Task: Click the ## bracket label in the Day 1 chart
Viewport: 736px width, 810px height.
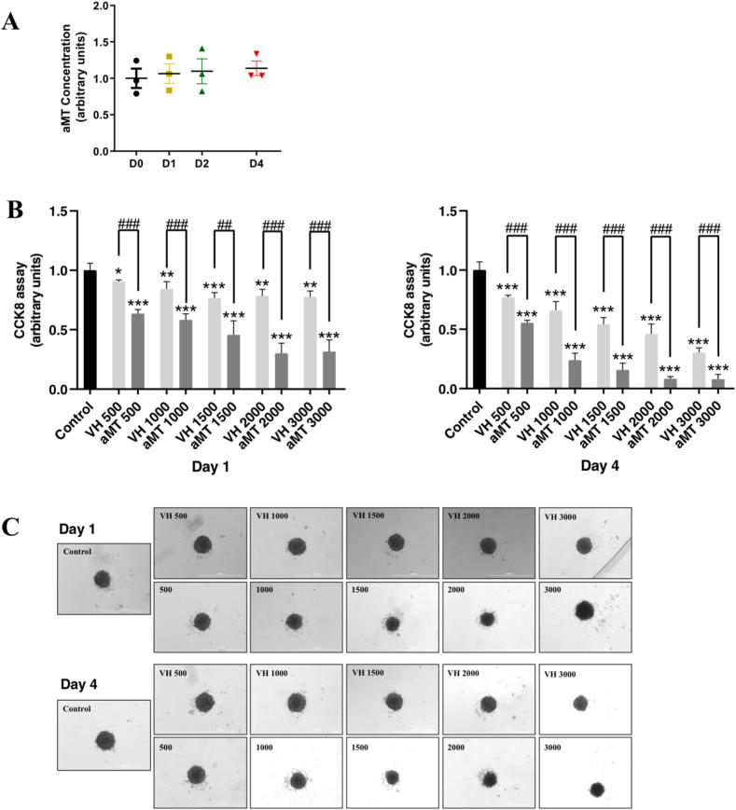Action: coord(224,225)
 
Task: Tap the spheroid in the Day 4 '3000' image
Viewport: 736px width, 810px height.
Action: coord(597,789)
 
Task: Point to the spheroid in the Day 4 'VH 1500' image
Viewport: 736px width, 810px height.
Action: coord(394,701)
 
